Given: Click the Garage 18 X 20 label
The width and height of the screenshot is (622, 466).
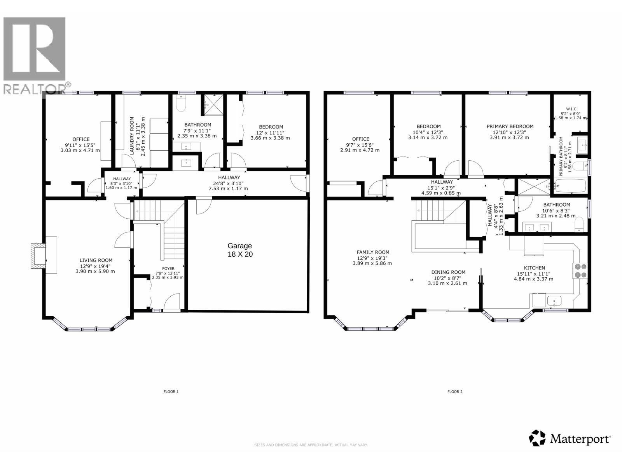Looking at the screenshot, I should point(239,250).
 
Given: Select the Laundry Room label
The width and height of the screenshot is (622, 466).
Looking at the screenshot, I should point(132,136).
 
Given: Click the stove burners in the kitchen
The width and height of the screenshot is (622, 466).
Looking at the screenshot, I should point(580,270).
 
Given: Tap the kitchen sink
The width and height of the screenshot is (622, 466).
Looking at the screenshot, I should point(554,301).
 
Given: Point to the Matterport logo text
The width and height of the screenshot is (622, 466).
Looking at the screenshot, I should point(580,439).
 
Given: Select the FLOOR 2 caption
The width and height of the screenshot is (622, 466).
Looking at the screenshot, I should point(455,391).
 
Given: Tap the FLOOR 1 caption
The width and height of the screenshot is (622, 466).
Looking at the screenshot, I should point(171,391).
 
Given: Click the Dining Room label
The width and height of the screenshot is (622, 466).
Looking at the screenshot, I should point(448,272).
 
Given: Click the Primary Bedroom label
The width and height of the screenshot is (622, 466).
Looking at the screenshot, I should point(510,126).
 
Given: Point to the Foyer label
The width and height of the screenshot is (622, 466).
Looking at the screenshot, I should point(168,268).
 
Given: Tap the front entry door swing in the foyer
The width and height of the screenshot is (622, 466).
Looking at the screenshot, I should point(173,302).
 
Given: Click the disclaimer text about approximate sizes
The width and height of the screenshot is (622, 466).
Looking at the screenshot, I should point(311,445).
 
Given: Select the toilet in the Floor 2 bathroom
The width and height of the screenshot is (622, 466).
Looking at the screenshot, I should point(579,224).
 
